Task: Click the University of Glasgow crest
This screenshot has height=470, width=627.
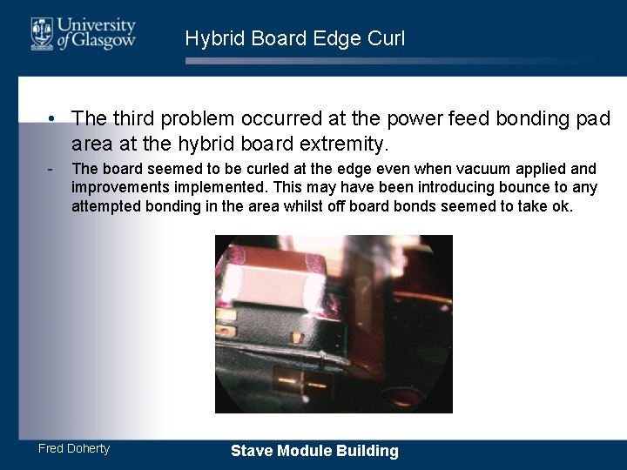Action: (41, 34)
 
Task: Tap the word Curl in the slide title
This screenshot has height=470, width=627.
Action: (387, 38)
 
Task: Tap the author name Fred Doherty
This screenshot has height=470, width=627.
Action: (74, 449)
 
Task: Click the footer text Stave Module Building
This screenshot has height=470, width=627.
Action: (314, 451)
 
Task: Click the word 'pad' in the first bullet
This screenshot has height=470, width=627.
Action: (594, 117)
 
